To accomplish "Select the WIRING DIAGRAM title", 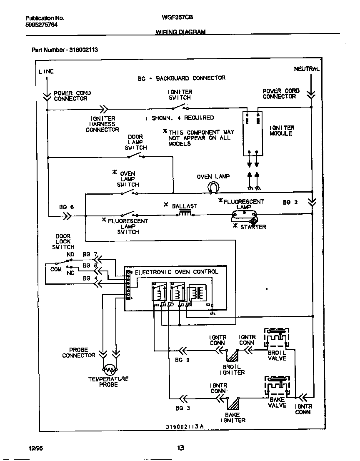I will pyautogui.click(x=180, y=32).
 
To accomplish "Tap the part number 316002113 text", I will pyautogui.click(x=65, y=50).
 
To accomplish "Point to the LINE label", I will pyautogui.click(x=46, y=71).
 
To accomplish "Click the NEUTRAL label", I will pyautogui.click(x=307, y=69).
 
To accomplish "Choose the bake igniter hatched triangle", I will pyautogui.click(x=232, y=403).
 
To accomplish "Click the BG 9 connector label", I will pyautogui.click(x=182, y=360).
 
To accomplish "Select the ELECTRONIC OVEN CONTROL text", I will pyautogui.click(x=176, y=272).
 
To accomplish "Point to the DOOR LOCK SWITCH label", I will pyautogui.click(x=63, y=242).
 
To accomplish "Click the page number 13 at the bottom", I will pyautogui.click(x=180, y=448).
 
